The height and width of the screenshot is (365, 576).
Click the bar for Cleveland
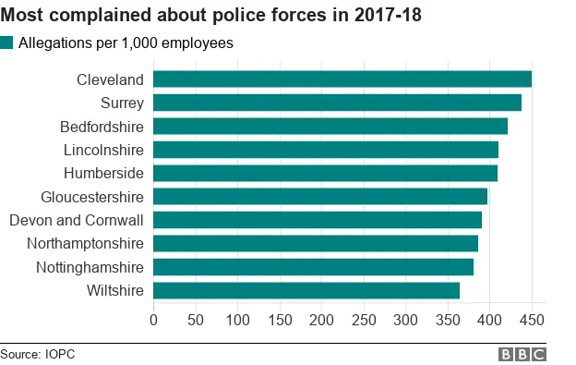click(342, 79)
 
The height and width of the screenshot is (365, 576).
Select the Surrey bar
click(337, 103)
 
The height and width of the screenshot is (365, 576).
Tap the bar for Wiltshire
click(306, 290)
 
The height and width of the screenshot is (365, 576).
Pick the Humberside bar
click(325, 173)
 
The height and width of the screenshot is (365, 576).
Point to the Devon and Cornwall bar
click(317, 220)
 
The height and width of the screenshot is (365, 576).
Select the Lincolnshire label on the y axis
click(103, 150)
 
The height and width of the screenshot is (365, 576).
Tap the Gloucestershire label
click(92, 197)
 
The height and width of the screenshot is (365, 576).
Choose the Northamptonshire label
click(86, 244)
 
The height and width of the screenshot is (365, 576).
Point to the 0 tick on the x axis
click(153, 320)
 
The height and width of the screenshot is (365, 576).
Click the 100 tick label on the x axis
click(237, 320)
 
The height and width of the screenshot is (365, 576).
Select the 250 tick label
click(364, 320)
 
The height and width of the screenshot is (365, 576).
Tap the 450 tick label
click(532, 320)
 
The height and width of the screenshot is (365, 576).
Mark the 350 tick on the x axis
click(448, 320)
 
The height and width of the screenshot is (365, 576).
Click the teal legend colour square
click(7, 43)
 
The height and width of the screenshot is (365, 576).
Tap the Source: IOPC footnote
click(37, 354)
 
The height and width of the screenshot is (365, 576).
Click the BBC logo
click(522, 354)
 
